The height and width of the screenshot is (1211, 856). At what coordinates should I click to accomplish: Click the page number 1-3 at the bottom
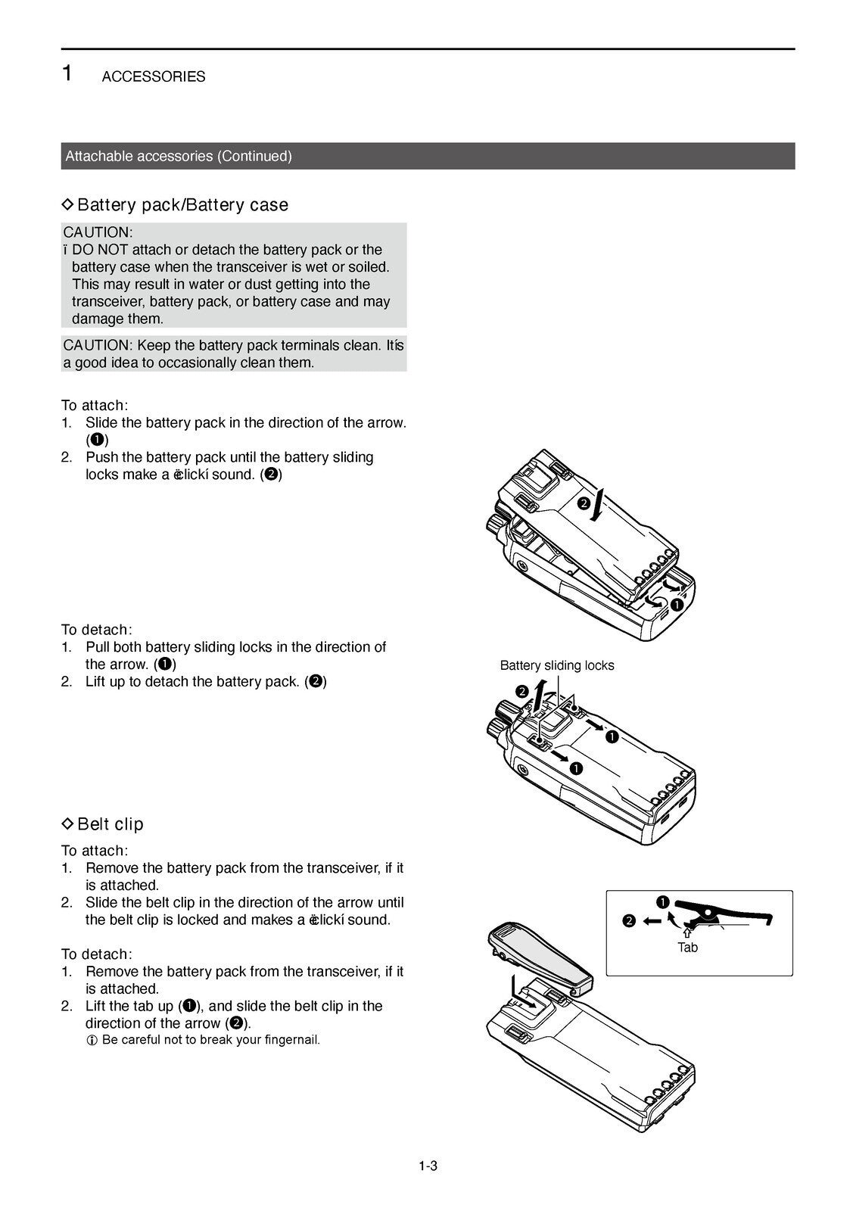[x=428, y=1166]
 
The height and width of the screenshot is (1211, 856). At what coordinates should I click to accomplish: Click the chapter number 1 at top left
[x=67, y=73]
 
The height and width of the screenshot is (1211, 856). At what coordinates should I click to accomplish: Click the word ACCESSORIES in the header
[x=153, y=76]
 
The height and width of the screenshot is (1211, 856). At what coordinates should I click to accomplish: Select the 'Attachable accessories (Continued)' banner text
[x=179, y=156]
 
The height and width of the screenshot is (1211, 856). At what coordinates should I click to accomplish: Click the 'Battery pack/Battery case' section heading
[x=182, y=204]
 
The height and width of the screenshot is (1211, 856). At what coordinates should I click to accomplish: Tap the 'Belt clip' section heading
[x=110, y=823]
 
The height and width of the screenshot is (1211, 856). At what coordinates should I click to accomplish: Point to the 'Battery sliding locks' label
[x=556, y=665]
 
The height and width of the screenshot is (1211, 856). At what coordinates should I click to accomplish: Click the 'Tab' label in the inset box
[x=687, y=948]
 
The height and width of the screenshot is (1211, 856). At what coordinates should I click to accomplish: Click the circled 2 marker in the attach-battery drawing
[x=584, y=503]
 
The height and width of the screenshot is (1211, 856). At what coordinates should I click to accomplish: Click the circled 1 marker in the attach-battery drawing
[x=677, y=605]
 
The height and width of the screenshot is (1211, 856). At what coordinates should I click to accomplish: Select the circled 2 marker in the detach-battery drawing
[x=521, y=690]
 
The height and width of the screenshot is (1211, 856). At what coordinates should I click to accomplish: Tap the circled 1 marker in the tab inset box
[x=662, y=901]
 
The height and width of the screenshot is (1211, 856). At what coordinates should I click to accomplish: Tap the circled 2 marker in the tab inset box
[x=629, y=921]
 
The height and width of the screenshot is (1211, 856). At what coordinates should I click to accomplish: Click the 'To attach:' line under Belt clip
[x=95, y=850]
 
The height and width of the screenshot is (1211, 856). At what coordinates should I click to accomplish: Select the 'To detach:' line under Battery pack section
[x=96, y=630]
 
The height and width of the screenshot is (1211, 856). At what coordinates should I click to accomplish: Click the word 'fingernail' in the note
[x=291, y=1039]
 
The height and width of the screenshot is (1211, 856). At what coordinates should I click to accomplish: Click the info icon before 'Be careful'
[x=92, y=1040]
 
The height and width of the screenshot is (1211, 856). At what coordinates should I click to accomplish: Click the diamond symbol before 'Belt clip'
[x=67, y=823]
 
